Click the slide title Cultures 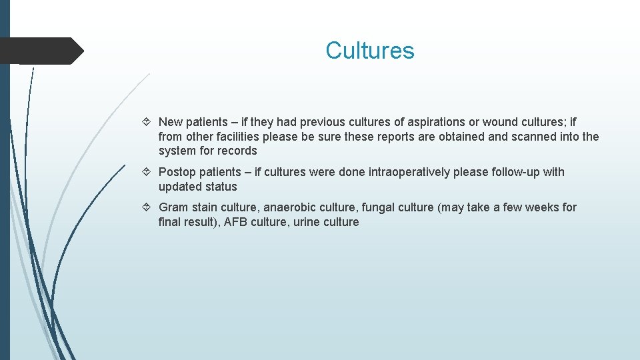(x=369, y=51)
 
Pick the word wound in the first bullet (x=499, y=122)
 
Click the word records (x=237, y=151)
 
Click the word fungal (x=377, y=207)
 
